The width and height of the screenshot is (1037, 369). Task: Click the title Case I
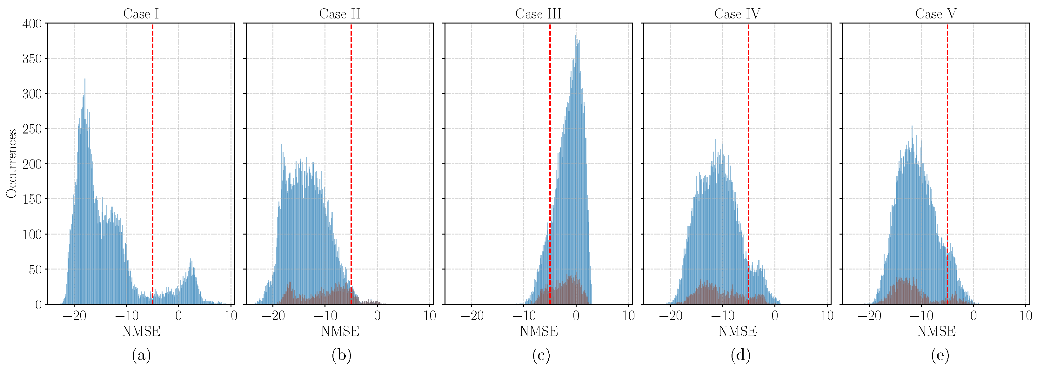pos(141,14)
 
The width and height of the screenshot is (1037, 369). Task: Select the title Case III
pos(538,14)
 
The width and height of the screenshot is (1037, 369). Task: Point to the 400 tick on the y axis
pos(32,24)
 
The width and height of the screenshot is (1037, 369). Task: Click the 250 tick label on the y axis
pos(32,129)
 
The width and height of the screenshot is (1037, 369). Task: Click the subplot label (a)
pos(141,355)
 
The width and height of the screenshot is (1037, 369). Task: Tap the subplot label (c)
pos(541,355)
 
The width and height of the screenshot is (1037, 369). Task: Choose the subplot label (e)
pos(940,355)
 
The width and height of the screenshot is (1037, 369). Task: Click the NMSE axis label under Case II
pos(340,331)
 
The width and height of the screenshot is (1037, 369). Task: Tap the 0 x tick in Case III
pos(576,315)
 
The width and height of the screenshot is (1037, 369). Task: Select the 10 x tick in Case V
pos(1025,315)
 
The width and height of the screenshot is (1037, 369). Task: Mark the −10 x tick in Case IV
pos(722,315)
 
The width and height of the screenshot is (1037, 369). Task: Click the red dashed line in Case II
pos(351,161)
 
